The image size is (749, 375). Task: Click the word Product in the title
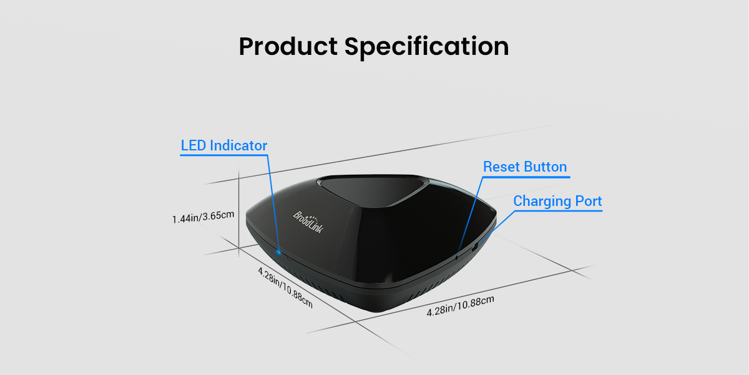click(288, 46)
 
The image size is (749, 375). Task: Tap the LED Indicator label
click(223, 145)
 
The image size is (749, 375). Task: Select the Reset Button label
click(525, 167)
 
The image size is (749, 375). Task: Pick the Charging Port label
click(557, 201)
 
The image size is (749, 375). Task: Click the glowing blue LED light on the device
click(278, 251)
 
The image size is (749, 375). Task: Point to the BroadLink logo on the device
click(308, 222)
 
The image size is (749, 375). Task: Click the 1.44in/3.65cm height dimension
click(203, 217)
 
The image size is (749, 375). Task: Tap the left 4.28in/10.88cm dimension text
click(285, 288)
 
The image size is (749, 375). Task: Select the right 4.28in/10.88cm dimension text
click(460, 306)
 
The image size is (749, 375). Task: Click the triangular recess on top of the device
click(372, 190)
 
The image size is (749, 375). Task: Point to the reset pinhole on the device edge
click(456, 257)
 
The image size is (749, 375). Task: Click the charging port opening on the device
click(474, 248)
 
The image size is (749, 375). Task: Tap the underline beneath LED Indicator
click(223, 155)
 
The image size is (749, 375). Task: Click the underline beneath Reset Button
click(526, 177)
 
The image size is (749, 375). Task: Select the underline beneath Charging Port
click(558, 211)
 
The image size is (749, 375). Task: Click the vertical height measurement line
click(238, 212)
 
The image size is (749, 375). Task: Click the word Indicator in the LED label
click(238, 145)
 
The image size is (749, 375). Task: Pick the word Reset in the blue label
click(502, 167)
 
